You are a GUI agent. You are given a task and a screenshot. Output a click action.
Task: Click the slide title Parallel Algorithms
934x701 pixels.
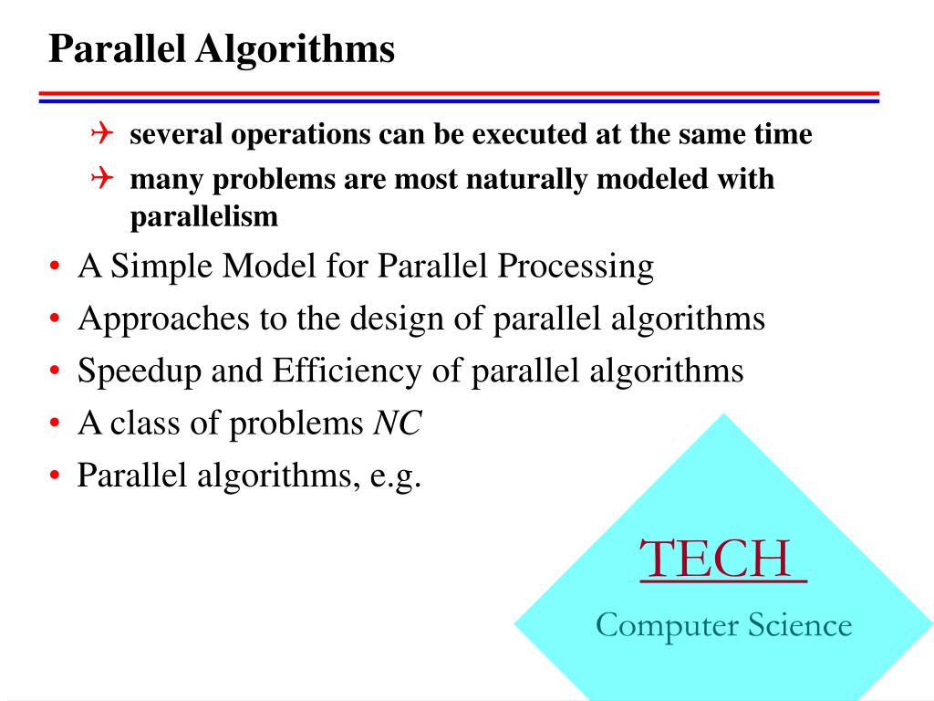[221, 49]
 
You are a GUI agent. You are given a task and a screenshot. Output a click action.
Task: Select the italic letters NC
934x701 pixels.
[398, 424]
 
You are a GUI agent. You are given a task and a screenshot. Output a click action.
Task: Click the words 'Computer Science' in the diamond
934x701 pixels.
[723, 625]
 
